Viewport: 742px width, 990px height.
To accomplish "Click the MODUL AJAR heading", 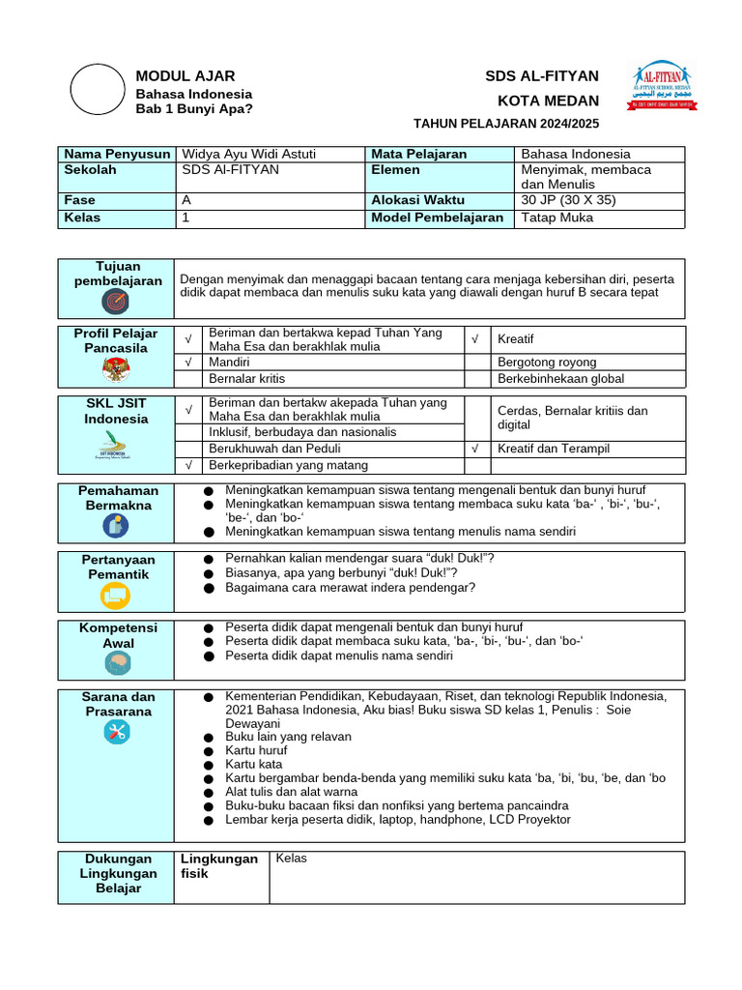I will [x=185, y=76].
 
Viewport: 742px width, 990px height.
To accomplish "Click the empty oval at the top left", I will [x=98, y=90].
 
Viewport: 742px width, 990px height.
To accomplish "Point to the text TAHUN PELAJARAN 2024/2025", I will [x=506, y=124].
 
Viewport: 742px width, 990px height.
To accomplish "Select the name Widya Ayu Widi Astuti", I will [x=249, y=154].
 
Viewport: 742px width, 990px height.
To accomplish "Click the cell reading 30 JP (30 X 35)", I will [x=568, y=200].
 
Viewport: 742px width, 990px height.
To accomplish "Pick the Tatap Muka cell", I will [x=557, y=218].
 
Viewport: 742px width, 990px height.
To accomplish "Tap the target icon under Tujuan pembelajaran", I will [x=115, y=303].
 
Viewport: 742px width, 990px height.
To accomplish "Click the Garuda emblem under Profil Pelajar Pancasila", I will [x=115, y=369].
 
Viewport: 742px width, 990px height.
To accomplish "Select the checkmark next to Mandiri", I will [x=188, y=362].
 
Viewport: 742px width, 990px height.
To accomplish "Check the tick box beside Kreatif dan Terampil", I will [x=476, y=449].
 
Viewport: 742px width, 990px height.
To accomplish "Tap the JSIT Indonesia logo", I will [x=115, y=448].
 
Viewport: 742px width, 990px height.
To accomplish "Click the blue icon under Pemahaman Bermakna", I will [x=115, y=526].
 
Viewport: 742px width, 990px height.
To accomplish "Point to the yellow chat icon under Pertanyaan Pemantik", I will [x=115, y=597].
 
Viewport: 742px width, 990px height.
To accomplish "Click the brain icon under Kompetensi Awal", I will [x=115, y=663].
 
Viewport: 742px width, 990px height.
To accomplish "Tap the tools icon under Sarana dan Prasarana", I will [x=115, y=732].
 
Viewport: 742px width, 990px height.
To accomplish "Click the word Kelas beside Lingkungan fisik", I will [x=291, y=859].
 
